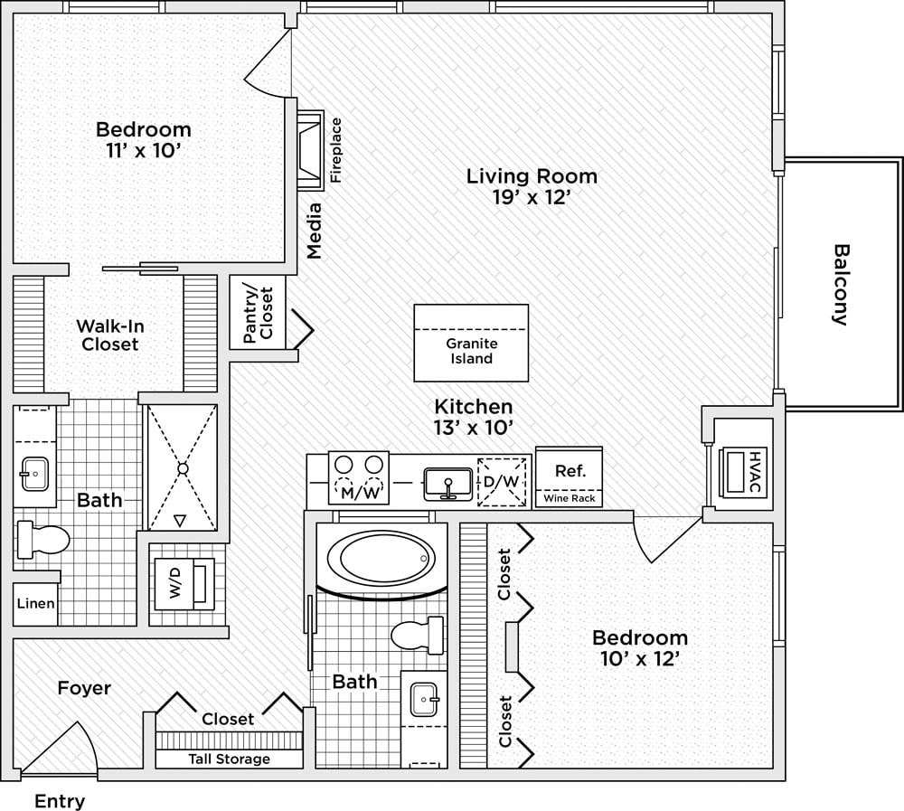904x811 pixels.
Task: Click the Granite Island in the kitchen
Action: (x=471, y=343)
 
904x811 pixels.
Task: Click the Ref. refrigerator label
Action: (x=570, y=470)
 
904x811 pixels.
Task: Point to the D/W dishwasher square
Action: (x=502, y=481)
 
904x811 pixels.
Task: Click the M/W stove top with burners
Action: (x=358, y=477)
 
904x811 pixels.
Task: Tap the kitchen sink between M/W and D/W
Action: (x=447, y=484)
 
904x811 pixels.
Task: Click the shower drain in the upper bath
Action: (x=183, y=468)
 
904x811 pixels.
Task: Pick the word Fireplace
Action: (x=336, y=150)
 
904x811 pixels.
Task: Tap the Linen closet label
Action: (x=36, y=604)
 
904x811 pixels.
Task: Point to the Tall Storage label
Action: (x=229, y=759)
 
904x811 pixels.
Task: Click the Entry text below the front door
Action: (x=60, y=801)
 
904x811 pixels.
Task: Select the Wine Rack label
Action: (x=570, y=498)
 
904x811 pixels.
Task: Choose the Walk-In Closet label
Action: (x=109, y=335)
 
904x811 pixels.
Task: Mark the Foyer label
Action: (x=84, y=688)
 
